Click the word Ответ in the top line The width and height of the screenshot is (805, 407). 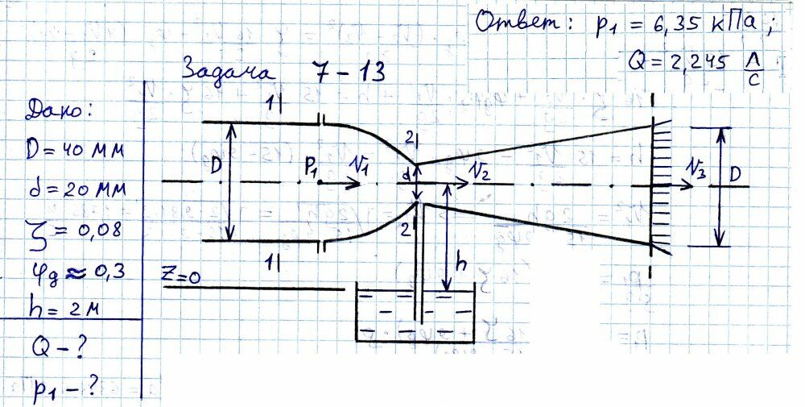(518, 23)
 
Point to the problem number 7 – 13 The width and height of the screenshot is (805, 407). (345, 73)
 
